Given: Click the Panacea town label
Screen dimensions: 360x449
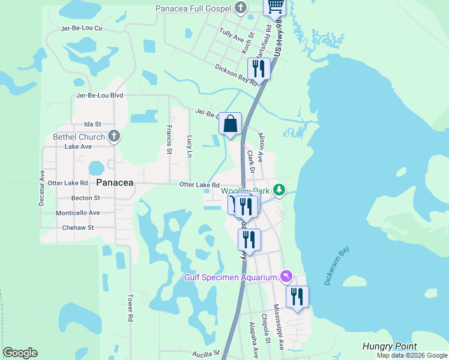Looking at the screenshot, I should coord(114,182).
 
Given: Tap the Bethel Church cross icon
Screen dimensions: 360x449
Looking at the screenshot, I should coord(114,137).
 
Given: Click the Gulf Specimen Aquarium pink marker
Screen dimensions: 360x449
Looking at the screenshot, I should coord(286,276).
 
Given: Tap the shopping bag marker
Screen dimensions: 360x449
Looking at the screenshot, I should coord(230,125).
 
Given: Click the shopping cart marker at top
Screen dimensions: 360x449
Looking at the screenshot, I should coord(275,6).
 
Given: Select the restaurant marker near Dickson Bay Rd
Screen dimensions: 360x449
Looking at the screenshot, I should coord(259,68).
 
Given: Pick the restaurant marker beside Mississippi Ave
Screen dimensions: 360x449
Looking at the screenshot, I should coord(297,297).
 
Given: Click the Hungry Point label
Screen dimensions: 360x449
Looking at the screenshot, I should coord(389,346).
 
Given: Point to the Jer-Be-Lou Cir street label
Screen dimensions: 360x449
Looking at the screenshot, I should coord(82,28).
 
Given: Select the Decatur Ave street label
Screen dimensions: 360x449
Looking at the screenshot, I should coord(42,188).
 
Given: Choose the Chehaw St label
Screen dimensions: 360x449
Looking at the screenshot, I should coord(78,228).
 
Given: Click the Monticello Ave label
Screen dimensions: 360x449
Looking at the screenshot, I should coord(77,213).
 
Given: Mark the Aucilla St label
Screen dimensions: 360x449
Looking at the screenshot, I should coord(206,354).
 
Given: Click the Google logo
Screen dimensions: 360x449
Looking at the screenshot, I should coord(20,353).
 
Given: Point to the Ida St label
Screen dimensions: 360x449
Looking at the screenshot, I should coord(92,124).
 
